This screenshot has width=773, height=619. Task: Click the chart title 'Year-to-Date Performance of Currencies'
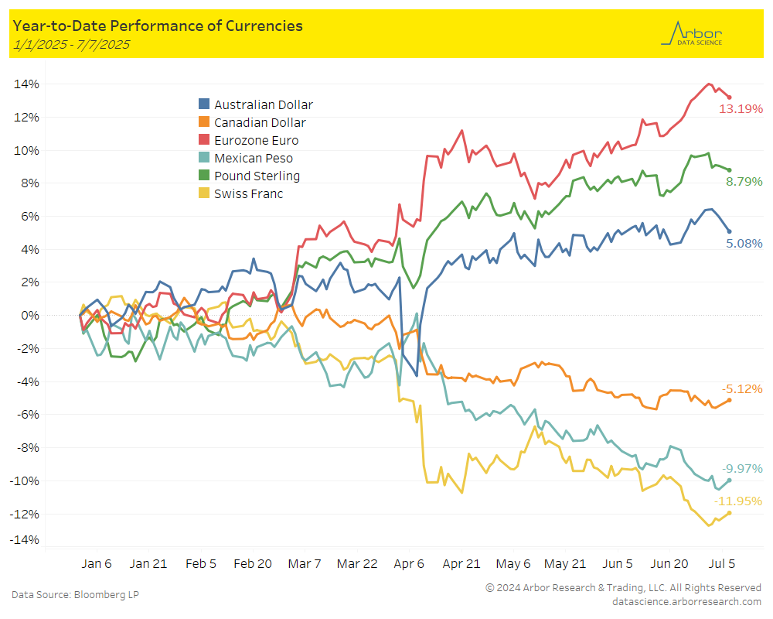click(x=158, y=26)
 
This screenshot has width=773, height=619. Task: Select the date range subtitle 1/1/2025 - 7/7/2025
click(x=70, y=44)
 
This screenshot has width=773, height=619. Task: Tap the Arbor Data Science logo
click(x=693, y=33)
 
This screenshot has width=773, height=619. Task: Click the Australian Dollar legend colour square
click(x=204, y=104)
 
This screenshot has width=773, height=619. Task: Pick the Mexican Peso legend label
click(x=254, y=158)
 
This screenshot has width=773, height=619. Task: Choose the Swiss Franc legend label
click(x=248, y=193)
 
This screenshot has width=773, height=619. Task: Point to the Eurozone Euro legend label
click(x=256, y=140)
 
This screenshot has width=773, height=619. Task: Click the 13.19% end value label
click(x=741, y=108)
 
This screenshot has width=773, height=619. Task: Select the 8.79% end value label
click(x=744, y=181)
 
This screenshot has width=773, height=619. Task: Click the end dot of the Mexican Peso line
click(x=729, y=480)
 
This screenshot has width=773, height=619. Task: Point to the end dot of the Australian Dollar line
click(x=729, y=231)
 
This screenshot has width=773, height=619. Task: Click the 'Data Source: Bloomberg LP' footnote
click(x=75, y=594)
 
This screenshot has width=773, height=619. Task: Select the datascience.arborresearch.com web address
click(x=686, y=601)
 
